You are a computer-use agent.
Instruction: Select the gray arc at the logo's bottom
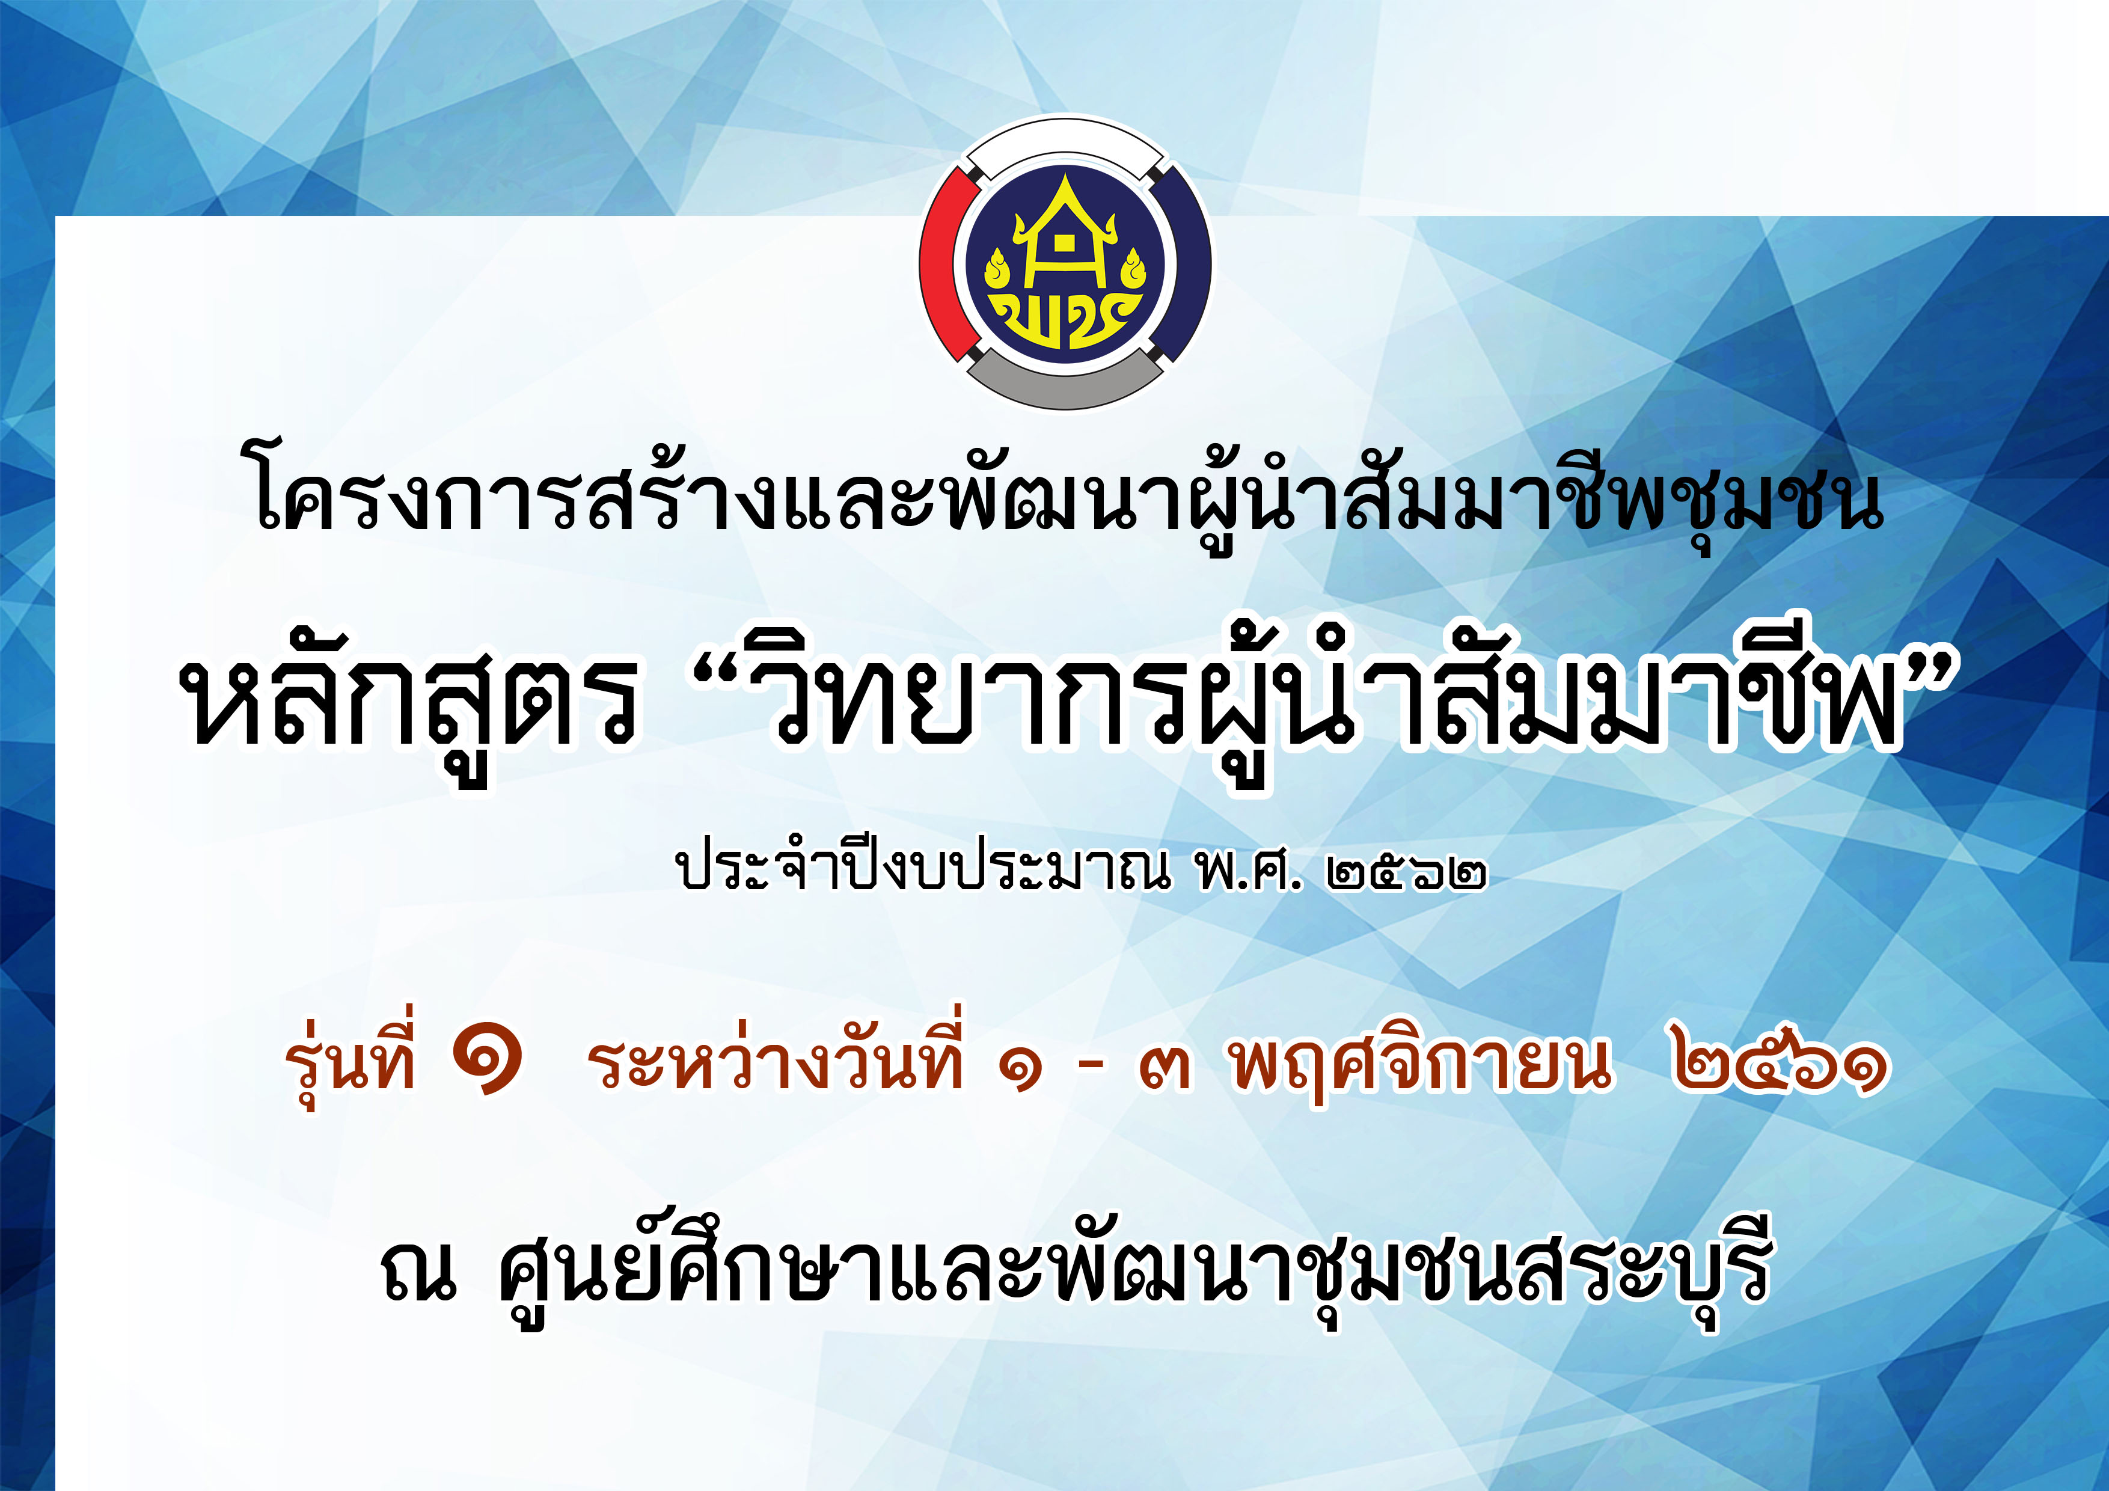pos(1065,384)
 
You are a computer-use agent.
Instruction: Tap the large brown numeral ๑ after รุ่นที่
pos(488,1061)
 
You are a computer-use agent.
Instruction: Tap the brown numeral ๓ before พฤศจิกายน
pos(1165,1068)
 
